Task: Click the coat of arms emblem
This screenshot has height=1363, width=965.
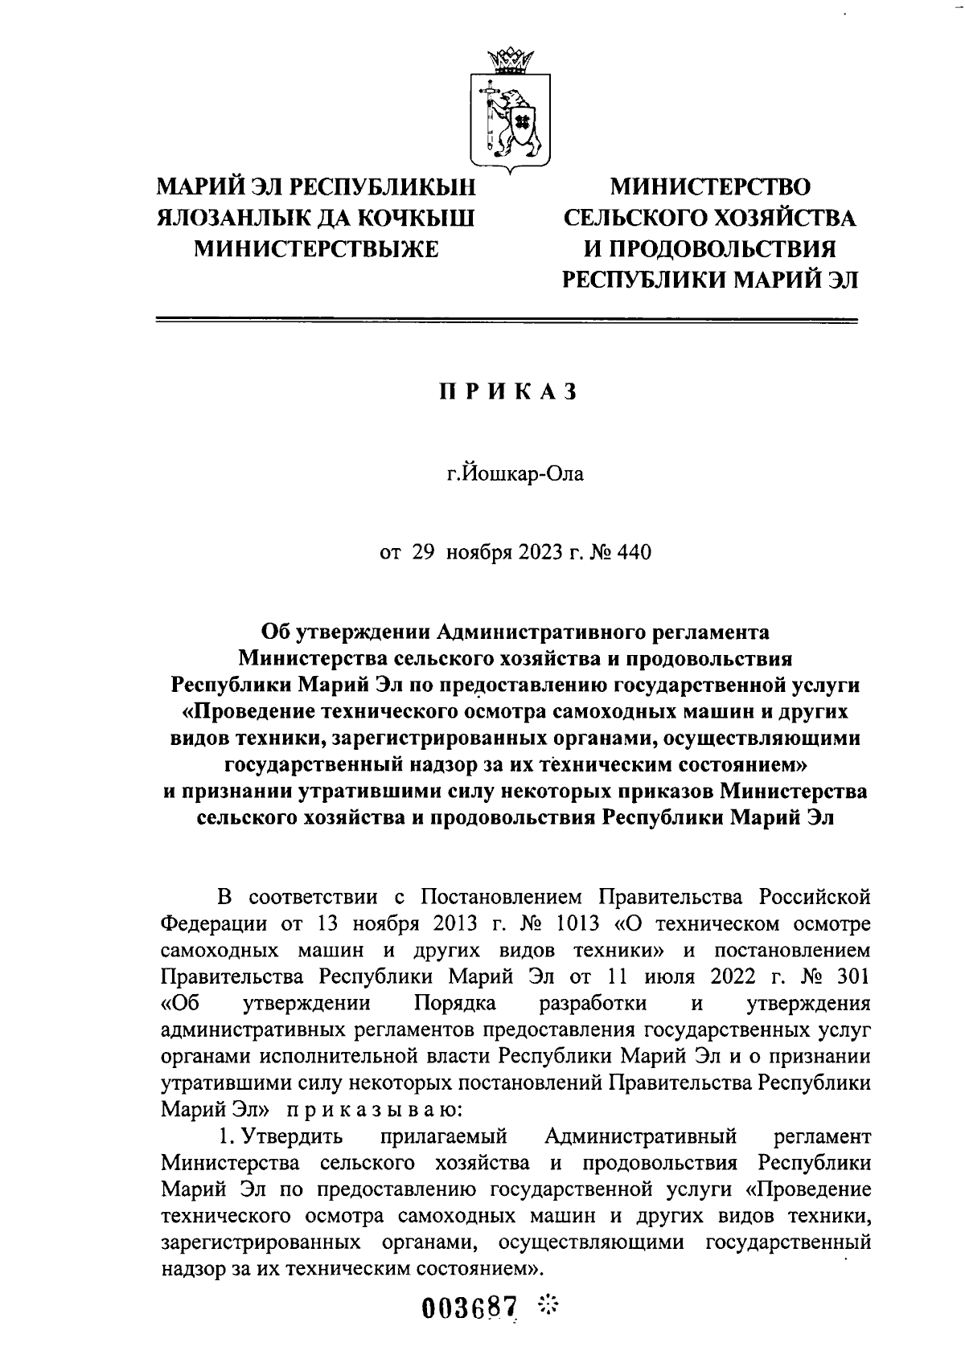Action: coord(509,113)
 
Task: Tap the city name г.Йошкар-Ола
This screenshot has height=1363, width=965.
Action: coord(515,473)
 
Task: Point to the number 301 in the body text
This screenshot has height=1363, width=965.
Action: coord(852,976)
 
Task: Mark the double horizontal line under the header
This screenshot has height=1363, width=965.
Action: coord(507,321)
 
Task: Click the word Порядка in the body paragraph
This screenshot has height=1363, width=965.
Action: coord(455,1003)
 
